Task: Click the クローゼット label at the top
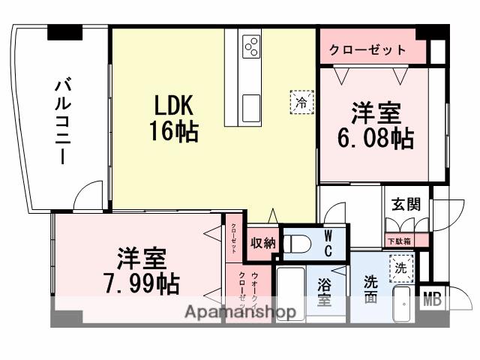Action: pyautogui.click(x=367, y=50)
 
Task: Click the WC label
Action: pyautogui.click(x=328, y=243)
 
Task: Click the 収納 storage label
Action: pyautogui.click(x=263, y=243)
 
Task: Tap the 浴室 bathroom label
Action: pyautogui.click(x=325, y=292)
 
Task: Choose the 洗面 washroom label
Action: pyautogui.click(x=370, y=290)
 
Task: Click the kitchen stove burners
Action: pyautogui.click(x=250, y=47)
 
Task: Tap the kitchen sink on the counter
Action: pyautogui.click(x=250, y=103)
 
